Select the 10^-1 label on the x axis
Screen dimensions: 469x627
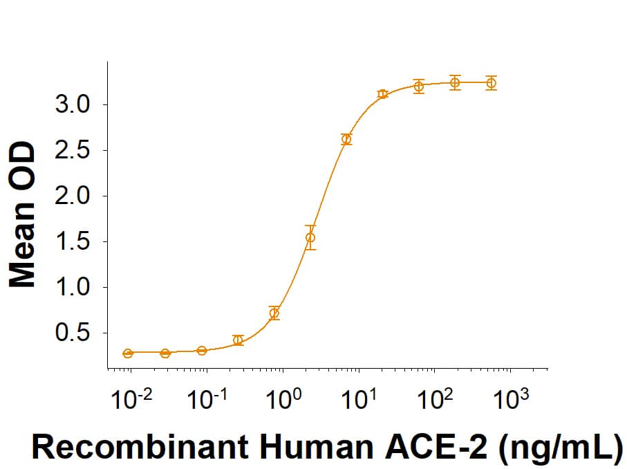coord(206,399)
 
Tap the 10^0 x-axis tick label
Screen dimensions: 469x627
coord(283,399)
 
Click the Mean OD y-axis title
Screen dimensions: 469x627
coord(24,214)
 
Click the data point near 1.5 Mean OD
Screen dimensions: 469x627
coord(310,237)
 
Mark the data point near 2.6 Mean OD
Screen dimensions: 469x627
coord(346,139)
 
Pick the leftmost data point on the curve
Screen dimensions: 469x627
coord(128,353)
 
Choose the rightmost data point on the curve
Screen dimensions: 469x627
coord(491,83)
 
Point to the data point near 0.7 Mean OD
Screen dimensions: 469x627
coord(274,313)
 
